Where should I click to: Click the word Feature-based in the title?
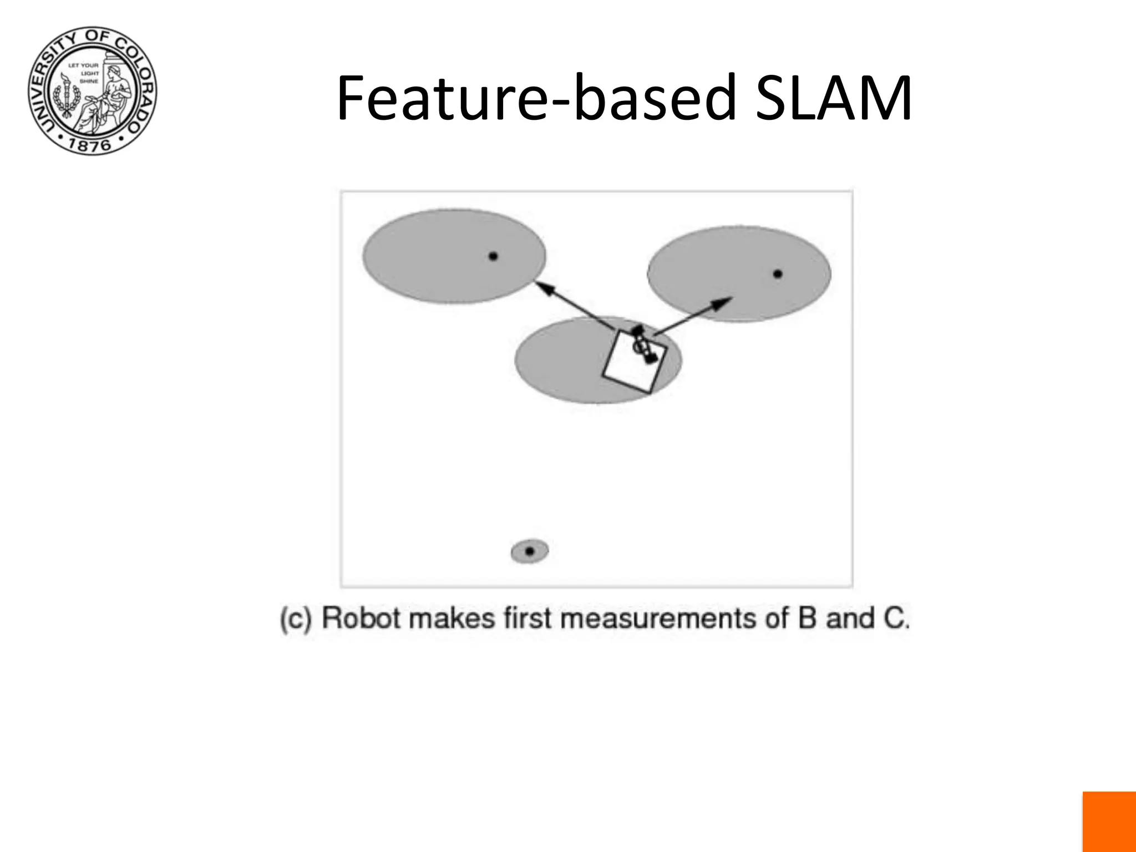tap(537, 99)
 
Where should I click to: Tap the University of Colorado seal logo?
tap(92, 90)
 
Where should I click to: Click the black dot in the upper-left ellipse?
tap(493, 256)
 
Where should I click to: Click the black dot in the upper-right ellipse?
tap(778, 273)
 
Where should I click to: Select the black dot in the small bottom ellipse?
tap(530, 551)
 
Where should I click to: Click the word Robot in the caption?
tap(361, 618)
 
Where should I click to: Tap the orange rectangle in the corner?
tap(1109, 821)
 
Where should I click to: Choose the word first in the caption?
tap(528, 618)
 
